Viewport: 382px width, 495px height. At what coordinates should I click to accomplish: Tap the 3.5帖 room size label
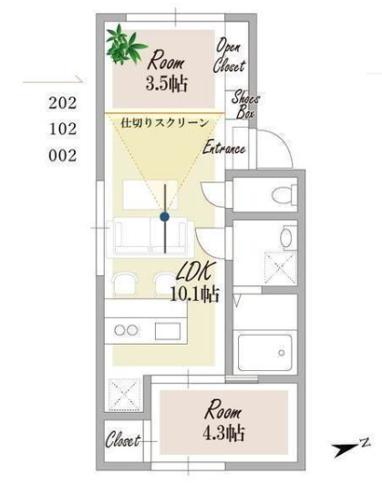tap(167, 84)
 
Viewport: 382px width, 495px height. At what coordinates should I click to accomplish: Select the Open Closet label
tap(229, 56)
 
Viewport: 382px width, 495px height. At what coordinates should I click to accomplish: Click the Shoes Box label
tap(245, 105)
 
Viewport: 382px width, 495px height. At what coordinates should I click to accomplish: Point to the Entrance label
tap(224, 148)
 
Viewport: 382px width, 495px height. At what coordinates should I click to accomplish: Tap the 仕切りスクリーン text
tap(164, 123)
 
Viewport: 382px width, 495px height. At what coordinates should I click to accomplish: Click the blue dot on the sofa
tap(164, 217)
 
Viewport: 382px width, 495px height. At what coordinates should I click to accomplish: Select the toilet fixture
tap(284, 194)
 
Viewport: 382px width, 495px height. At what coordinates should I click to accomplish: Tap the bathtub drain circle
tap(282, 353)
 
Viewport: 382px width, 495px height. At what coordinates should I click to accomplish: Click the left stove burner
tap(119, 330)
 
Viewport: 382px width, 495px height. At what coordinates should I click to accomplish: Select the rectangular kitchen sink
tap(168, 331)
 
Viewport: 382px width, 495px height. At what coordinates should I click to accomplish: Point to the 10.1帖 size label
tap(194, 294)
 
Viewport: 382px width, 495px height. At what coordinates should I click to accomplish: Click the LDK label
tap(196, 272)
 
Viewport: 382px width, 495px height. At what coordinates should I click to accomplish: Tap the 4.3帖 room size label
tap(223, 433)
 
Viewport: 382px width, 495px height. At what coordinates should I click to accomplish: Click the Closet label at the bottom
tap(122, 439)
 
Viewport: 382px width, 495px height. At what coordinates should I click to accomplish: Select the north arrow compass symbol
tap(350, 448)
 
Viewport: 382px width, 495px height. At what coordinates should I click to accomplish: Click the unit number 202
tap(63, 103)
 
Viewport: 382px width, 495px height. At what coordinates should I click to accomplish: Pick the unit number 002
tap(63, 156)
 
